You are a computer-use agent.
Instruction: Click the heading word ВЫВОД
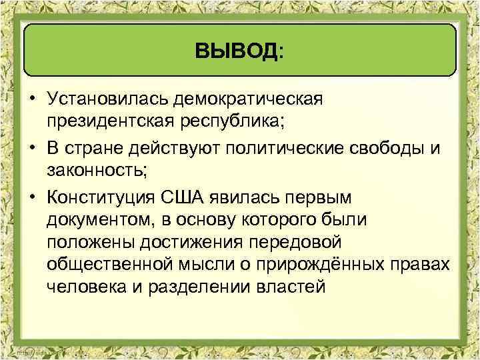pyautogui.click(x=237, y=51)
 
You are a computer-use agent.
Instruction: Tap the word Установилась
pyautogui.click(x=107, y=99)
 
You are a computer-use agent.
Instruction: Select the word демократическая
pyautogui.click(x=248, y=99)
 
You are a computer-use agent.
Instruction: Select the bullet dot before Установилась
pyautogui.click(x=31, y=100)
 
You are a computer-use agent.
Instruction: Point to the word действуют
pyautogui.click(x=185, y=147)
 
